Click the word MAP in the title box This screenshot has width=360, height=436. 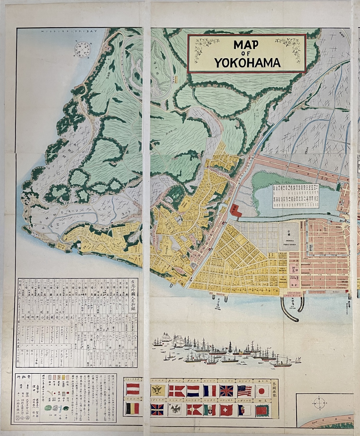click(x=246, y=45)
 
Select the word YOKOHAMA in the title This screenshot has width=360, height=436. click(x=247, y=63)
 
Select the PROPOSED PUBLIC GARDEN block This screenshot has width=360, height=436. click(x=288, y=237)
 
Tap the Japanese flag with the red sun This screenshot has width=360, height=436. click(x=262, y=390)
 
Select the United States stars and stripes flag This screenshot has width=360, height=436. click(x=244, y=390)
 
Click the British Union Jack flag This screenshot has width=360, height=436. click(x=226, y=390)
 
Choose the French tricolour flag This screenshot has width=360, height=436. click(x=209, y=390)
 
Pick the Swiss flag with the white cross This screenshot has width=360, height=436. click(x=227, y=410)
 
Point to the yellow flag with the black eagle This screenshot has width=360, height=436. click(x=158, y=390)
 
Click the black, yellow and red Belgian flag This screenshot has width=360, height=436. click(x=133, y=409)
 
